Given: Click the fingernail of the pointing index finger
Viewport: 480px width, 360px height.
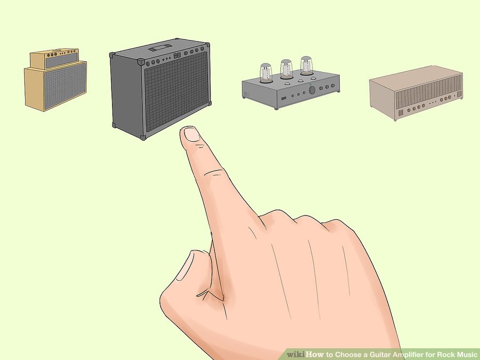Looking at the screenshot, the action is pos(191,135).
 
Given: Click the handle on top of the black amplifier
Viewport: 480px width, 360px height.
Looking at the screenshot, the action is pos(160,47).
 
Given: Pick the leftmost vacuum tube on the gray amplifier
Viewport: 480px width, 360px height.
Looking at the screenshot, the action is pos(266,73).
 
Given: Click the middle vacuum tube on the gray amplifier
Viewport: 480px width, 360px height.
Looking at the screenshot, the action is pos(286,69).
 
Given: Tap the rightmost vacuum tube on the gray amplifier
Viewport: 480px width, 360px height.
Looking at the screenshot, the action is pos(306,65).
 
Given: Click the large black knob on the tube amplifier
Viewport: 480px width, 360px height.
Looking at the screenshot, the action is pos(312,90).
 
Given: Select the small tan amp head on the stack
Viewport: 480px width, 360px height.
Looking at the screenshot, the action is pos(54,59).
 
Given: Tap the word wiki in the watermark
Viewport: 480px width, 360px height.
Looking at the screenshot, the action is pos(295,355).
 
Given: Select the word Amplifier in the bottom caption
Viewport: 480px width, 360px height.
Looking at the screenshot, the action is pos(408,355).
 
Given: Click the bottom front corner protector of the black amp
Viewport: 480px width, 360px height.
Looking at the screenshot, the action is pos(143,138).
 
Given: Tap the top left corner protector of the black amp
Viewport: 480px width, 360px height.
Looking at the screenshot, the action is pos(112,55).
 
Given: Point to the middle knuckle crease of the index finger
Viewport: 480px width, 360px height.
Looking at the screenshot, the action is pos(214,173).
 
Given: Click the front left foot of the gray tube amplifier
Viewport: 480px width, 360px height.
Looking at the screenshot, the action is pos(276,108).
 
